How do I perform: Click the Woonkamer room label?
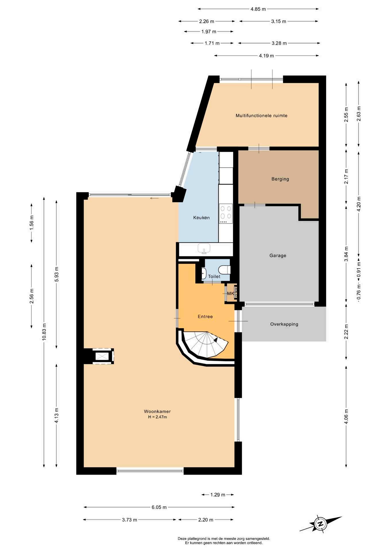[x=157, y=411]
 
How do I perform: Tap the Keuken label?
[x=201, y=218]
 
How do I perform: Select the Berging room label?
[x=280, y=179]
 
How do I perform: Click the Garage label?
[x=278, y=255]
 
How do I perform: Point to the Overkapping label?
[x=284, y=324]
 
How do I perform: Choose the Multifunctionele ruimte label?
[x=261, y=116]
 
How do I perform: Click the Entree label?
[x=205, y=317]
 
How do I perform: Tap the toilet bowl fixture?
[x=224, y=270]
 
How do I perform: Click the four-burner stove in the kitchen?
[x=226, y=214]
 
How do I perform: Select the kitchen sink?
[x=204, y=248]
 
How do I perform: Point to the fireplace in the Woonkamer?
[x=102, y=356]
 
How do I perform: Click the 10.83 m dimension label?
[x=44, y=332]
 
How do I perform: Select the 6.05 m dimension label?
[x=159, y=507]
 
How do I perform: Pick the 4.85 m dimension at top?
[x=258, y=9]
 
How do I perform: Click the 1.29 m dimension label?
[x=218, y=494]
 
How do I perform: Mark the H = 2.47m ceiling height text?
[x=157, y=417]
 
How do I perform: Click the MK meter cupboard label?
[x=230, y=294]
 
